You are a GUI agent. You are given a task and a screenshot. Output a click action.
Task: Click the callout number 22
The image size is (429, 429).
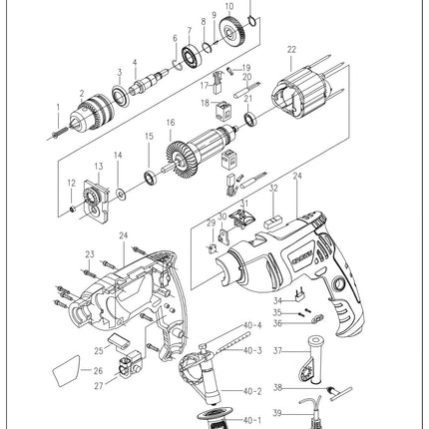pos(291,49)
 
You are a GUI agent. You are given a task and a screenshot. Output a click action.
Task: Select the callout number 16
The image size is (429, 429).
pos(171,123)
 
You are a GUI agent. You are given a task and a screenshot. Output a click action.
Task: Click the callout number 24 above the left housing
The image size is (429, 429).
pos(123,236)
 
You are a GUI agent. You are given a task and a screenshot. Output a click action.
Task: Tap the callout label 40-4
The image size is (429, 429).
pos(252,325)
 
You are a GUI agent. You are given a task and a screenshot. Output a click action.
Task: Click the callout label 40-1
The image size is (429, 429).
pos(252,420)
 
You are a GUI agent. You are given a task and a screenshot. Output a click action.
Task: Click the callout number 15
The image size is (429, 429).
pos(149,137)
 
